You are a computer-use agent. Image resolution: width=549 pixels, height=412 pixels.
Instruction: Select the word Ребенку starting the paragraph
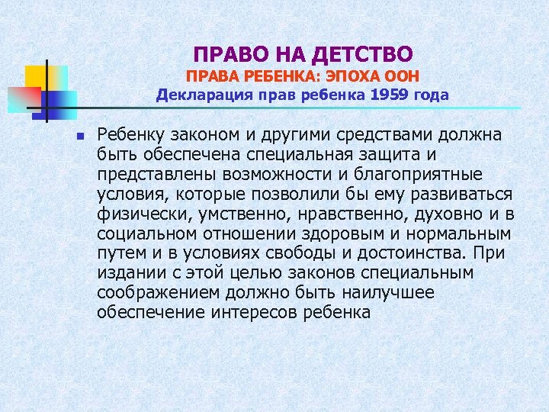tap(130, 136)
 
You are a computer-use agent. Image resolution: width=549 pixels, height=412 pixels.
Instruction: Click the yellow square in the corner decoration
tap(36, 77)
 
